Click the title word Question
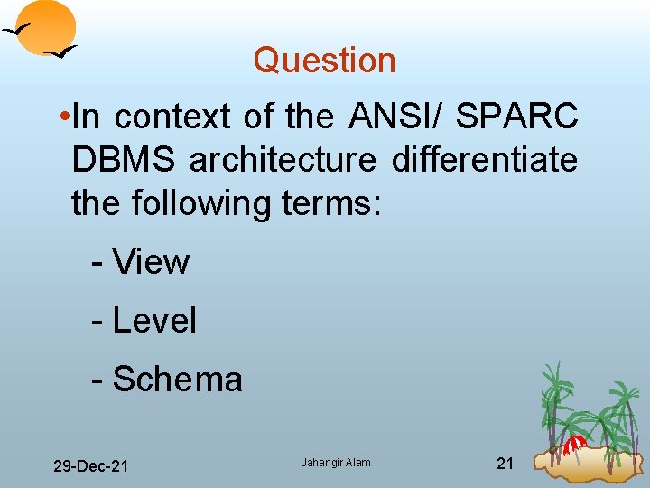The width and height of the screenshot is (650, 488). tap(324, 61)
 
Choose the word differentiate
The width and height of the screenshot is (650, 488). tap(484, 161)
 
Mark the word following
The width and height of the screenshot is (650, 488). tap(199, 204)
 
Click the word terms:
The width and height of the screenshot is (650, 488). tap(329, 204)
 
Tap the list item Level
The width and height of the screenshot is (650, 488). tap(153, 321)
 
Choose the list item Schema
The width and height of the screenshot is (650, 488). tap(177, 380)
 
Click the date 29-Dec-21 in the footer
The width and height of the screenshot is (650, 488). tap(90, 466)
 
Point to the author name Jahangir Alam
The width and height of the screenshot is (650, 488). tap(336, 464)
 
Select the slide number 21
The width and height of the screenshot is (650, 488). tap(506, 464)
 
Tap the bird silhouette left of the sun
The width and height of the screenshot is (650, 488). tap(17, 32)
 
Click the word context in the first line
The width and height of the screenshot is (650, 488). tap(172, 117)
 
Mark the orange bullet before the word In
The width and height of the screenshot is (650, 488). tap(62, 117)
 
